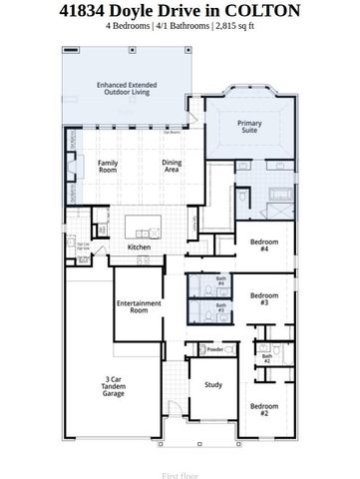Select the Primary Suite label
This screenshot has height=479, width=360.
tap(249, 126)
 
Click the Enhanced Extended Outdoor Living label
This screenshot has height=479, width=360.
tap(125, 89)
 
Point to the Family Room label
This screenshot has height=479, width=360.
tap(108, 166)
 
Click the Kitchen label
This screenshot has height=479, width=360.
tap(139, 246)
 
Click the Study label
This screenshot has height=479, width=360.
tap(213, 384)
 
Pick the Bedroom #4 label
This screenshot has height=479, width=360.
tap(263, 245)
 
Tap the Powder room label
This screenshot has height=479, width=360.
tap(214, 349)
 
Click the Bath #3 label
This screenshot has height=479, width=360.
tap(221, 307)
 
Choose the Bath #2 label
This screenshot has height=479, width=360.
tap(266, 357)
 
